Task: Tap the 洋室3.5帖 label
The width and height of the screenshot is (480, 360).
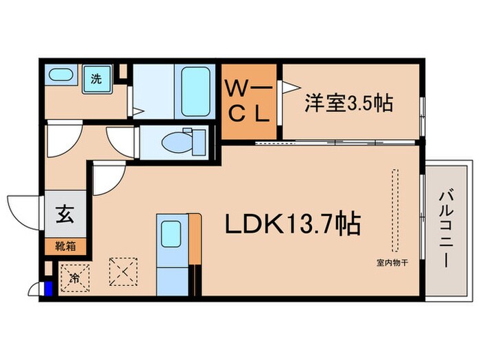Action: click(348, 104)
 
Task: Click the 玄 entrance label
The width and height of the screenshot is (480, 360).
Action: click(65, 214)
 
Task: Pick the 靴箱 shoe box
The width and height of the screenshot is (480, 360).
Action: click(65, 245)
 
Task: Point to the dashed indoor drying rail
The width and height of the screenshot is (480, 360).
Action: click(394, 210)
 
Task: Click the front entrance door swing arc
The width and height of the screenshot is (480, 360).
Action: click(24, 209)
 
